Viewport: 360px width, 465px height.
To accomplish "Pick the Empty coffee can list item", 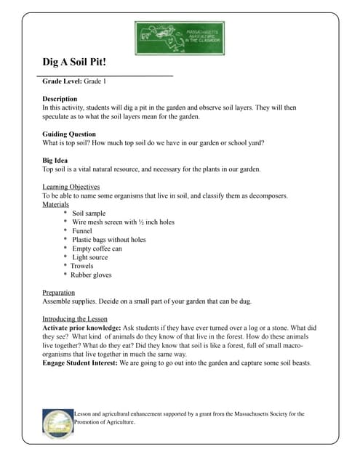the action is point(97,248).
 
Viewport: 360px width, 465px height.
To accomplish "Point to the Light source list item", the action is point(90,257).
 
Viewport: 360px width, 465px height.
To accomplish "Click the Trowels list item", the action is point(81,266).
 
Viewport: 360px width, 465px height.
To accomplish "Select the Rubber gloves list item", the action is point(91,275).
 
